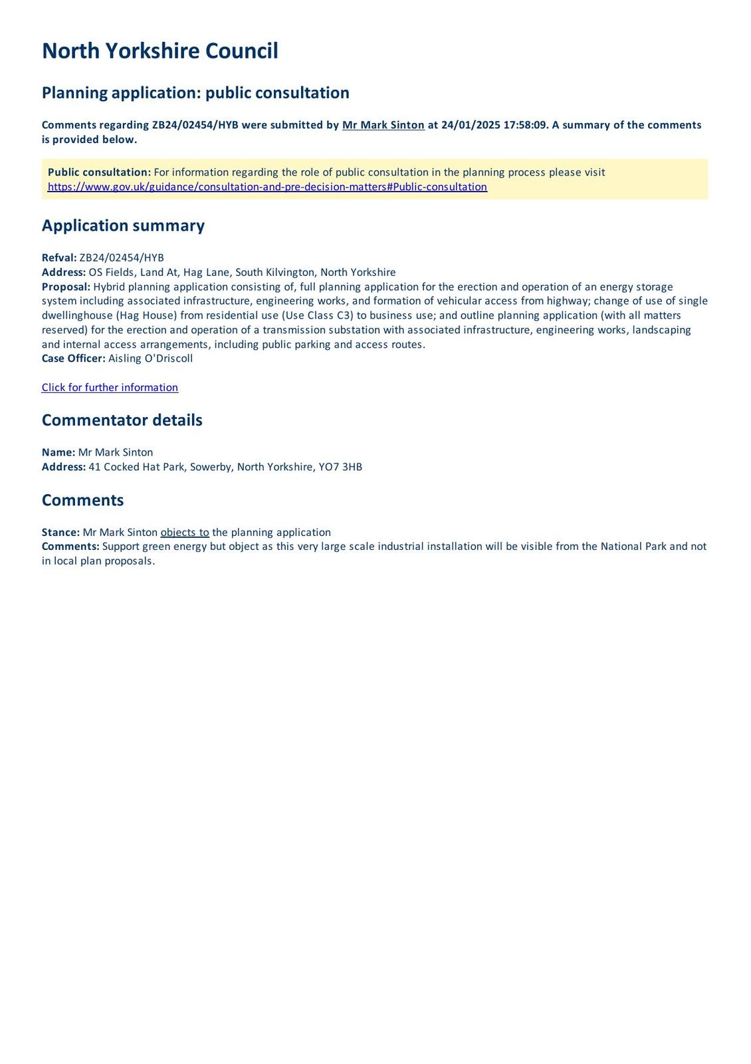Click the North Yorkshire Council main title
coord(160,51)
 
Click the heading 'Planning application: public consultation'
coord(195,92)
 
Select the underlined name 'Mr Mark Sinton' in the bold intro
coord(383,125)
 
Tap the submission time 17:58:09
coord(528,125)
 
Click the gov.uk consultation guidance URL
coord(267,187)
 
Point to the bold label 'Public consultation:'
coord(99,172)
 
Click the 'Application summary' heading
coord(123,225)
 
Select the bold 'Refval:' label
coord(59,258)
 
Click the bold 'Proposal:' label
coord(66,287)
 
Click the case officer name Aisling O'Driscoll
coord(150,358)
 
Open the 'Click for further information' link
coord(110,388)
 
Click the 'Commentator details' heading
coord(122,420)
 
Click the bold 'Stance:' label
coord(60,533)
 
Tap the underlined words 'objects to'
coord(185,533)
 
